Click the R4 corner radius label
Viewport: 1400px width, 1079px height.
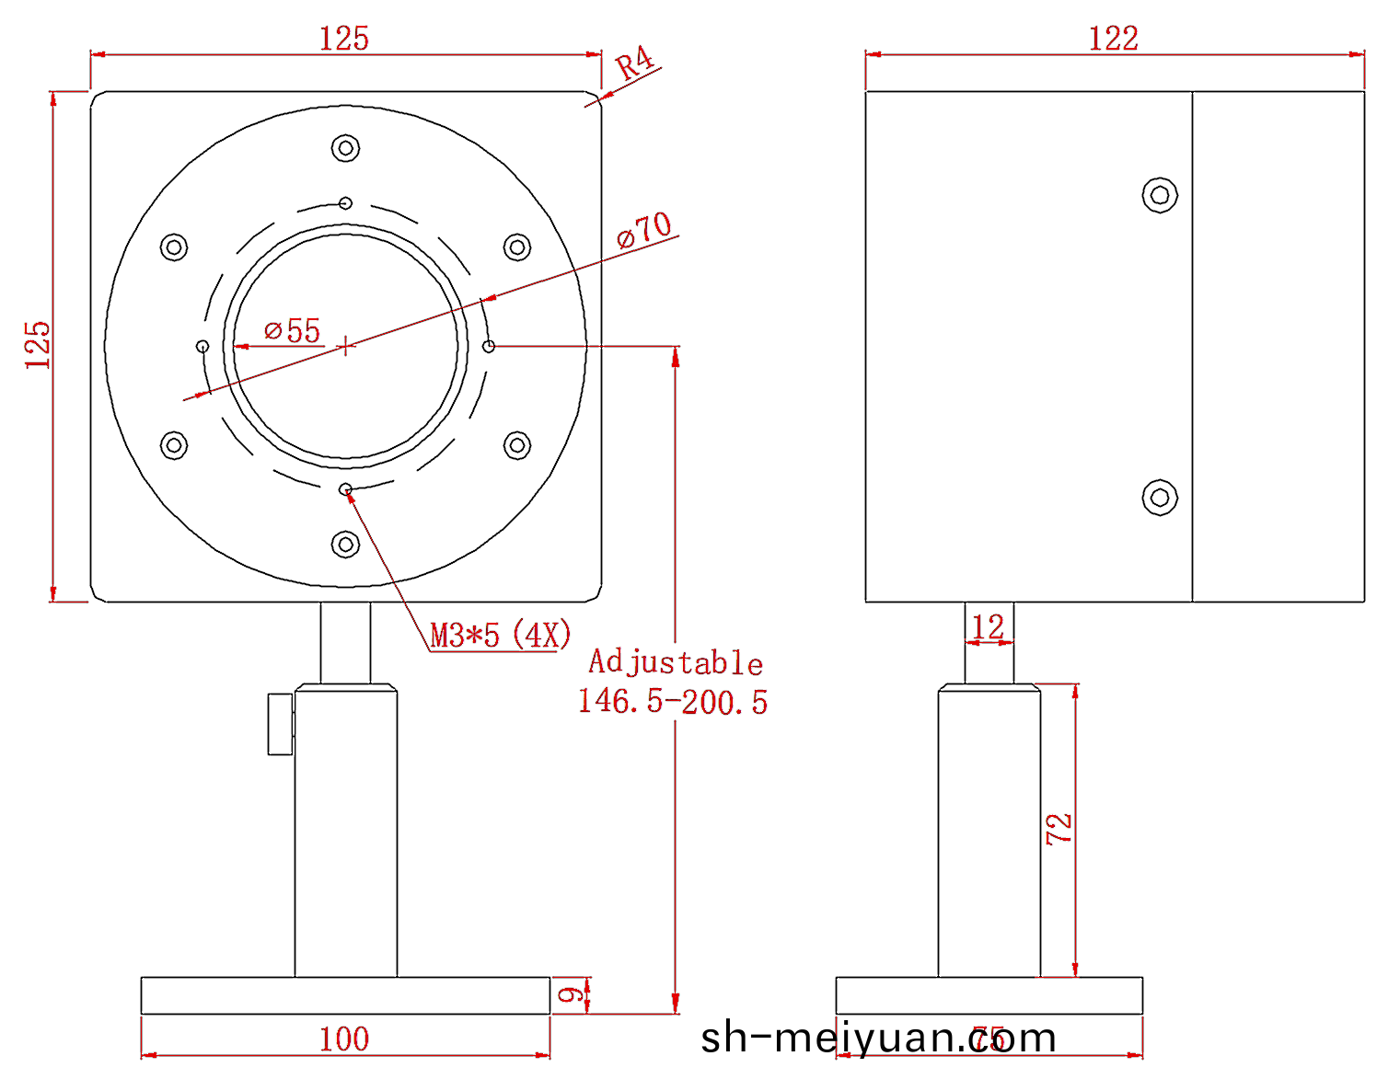[x=634, y=64]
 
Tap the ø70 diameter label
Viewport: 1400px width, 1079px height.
[x=644, y=230]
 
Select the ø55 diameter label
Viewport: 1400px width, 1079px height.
[x=293, y=330]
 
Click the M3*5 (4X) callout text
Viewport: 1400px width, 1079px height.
[x=501, y=635]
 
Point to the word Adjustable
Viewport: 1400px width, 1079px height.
[x=676, y=662]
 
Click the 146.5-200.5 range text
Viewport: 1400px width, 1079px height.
[x=673, y=702]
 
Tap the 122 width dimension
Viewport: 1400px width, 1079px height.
[x=1114, y=39]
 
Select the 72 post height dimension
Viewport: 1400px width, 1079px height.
[x=1059, y=829]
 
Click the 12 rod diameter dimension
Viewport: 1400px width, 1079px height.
[x=988, y=627]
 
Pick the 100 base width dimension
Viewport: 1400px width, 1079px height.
[x=344, y=1039]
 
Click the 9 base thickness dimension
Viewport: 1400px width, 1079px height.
[x=572, y=995]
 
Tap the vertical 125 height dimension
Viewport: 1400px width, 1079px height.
[x=38, y=345]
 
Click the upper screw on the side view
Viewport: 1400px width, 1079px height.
[x=1160, y=195]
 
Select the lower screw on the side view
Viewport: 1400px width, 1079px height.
[x=1160, y=498]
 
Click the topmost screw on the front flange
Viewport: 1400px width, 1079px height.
[x=345, y=147]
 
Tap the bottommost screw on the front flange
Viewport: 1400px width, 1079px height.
[x=345, y=545]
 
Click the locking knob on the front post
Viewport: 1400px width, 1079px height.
[x=280, y=724]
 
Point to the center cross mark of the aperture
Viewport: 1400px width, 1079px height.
[x=345, y=346]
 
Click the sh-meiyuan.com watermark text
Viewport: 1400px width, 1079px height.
[x=878, y=1039]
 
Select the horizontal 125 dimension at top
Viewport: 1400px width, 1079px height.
[x=344, y=39]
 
